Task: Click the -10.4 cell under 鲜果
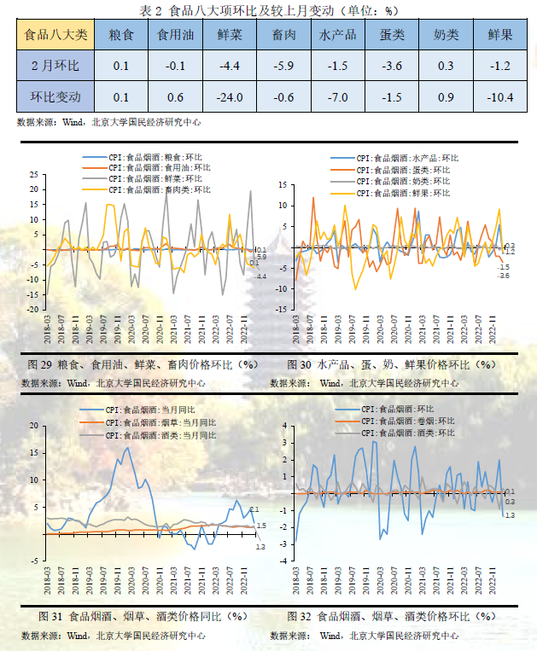click(x=500, y=96)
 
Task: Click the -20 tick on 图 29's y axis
click(x=32, y=309)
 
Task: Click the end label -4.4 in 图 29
click(x=261, y=276)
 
